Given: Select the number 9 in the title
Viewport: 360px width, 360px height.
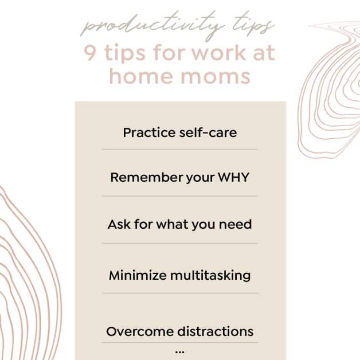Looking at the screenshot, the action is click(90, 53).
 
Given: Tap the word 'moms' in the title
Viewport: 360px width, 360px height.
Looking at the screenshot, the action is click(216, 77).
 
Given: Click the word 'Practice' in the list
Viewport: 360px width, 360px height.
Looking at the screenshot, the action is click(150, 132).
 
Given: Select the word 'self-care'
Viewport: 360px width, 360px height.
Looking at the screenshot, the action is click(208, 132).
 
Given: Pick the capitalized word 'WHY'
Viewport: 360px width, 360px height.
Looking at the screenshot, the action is click(233, 177).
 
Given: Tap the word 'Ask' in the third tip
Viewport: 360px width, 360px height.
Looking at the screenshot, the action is click(119, 224).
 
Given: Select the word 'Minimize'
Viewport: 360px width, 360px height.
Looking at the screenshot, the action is click(138, 275).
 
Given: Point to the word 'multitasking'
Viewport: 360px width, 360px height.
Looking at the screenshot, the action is click(210, 275).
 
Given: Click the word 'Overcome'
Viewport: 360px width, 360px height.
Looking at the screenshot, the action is click(140, 331).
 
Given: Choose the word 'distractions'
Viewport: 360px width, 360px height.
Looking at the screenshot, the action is click(216, 331).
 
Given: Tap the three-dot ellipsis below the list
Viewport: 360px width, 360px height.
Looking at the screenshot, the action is click(180, 351).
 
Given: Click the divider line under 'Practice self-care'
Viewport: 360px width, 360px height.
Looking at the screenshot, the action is click(179, 150).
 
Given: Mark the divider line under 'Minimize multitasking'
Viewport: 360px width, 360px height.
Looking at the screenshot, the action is click(181, 293).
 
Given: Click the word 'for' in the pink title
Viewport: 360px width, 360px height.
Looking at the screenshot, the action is click(169, 53).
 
